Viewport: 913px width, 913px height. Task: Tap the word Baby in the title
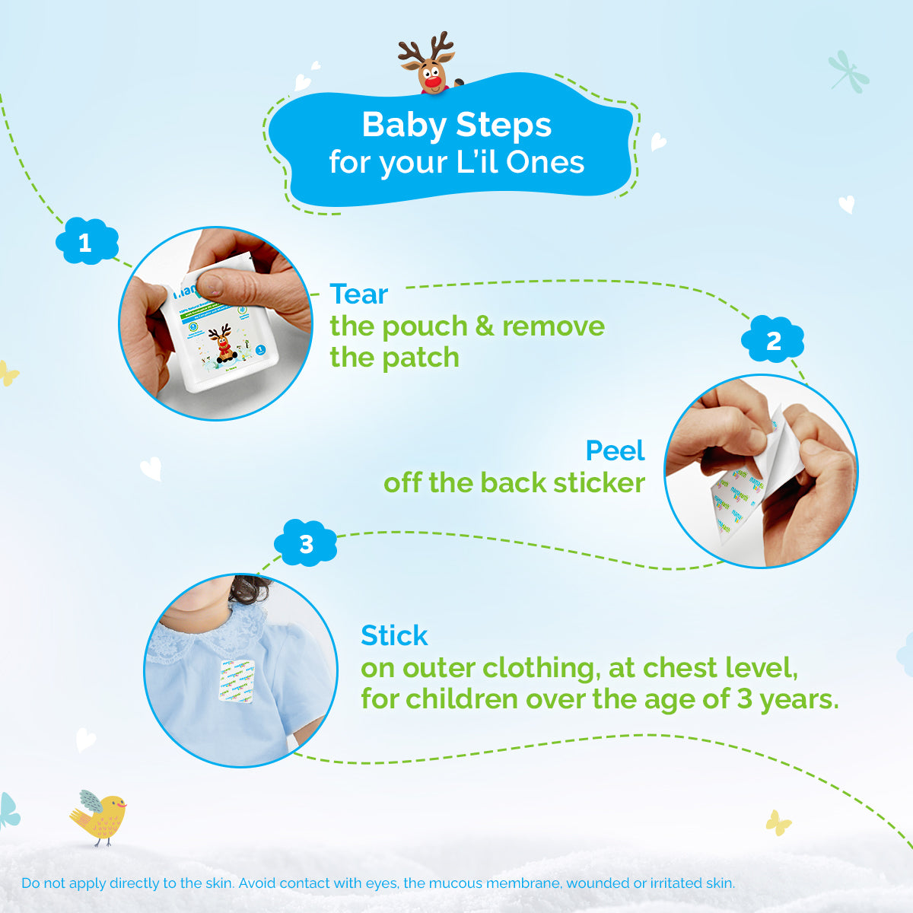[x=402, y=125]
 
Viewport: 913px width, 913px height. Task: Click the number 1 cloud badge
[x=86, y=243]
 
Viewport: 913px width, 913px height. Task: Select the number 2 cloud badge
[x=773, y=340]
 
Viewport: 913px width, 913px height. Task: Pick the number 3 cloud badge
[x=306, y=544]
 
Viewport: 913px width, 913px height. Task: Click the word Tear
[x=358, y=294]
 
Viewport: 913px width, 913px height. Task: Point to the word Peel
[x=615, y=451]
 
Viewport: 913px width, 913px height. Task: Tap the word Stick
[x=394, y=635]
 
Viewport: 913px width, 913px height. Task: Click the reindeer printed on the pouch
[x=221, y=342]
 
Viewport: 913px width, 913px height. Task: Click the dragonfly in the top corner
[x=848, y=72]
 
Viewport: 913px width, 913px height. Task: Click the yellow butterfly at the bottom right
[x=778, y=822]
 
